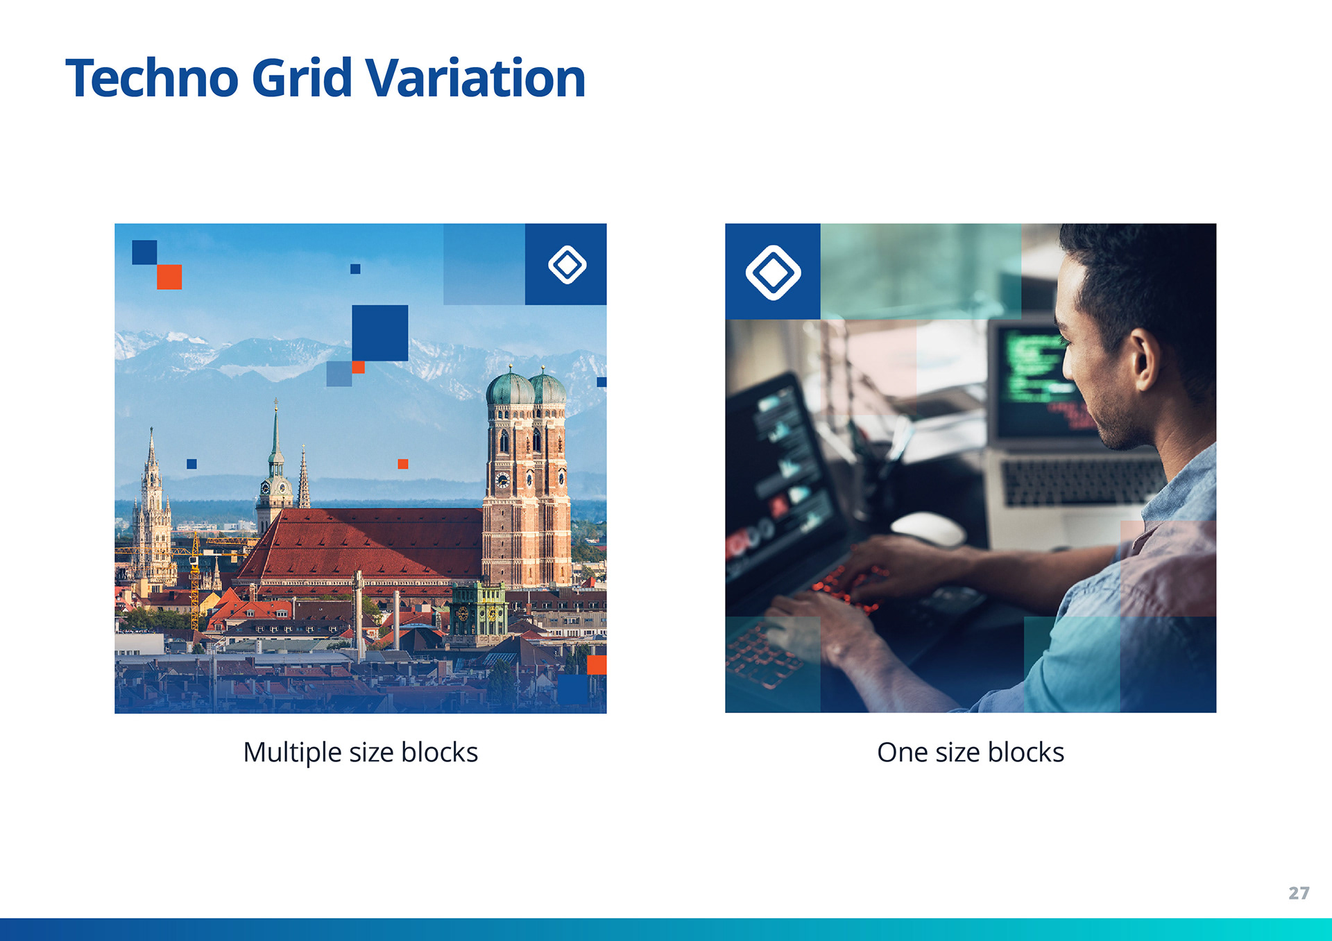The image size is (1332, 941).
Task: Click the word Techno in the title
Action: (152, 78)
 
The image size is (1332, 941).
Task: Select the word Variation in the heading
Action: (475, 78)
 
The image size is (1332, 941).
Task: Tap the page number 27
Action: (1299, 893)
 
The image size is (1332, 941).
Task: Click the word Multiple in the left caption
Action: (292, 753)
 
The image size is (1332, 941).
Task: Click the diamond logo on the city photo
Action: (567, 264)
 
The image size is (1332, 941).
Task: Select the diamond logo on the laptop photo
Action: (773, 272)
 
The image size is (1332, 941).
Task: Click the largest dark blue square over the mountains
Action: (379, 333)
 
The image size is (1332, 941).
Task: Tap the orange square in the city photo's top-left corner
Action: (169, 277)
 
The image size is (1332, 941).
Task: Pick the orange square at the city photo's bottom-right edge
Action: (597, 665)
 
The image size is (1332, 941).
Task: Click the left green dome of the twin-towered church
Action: (510, 388)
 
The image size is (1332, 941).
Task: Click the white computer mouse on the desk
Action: (928, 529)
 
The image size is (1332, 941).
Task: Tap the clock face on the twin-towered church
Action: (502, 480)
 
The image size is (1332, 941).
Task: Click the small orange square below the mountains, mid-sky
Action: (403, 464)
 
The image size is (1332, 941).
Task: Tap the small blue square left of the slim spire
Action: (191, 464)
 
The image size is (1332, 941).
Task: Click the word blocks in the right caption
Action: (1025, 752)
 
